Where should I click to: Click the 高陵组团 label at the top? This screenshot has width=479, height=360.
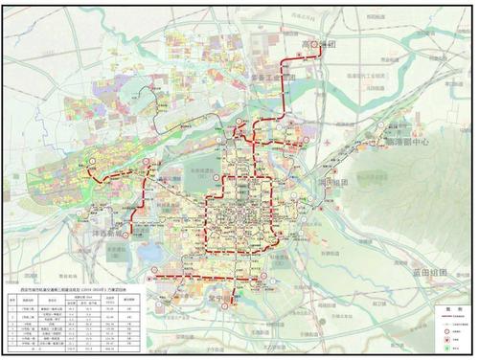coord(314,45)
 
